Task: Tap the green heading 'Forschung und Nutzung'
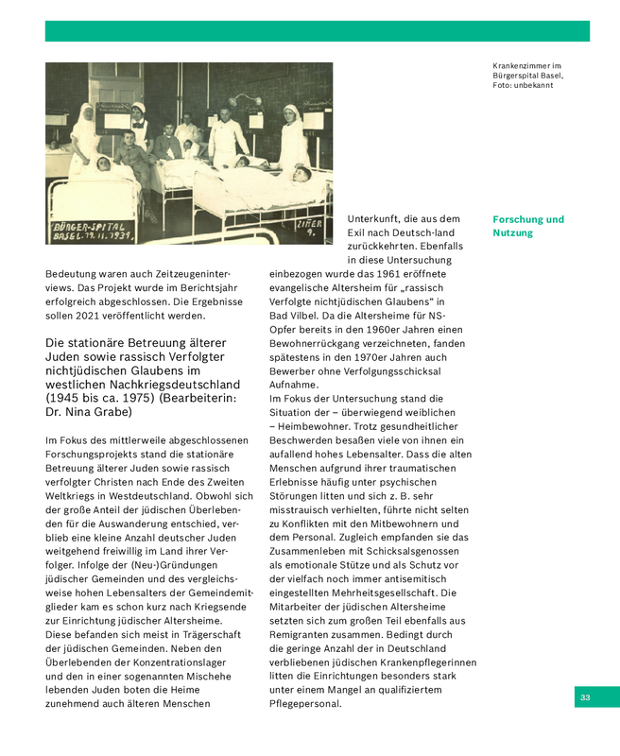(527, 226)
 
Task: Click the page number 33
(585, 697)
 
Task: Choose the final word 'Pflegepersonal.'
(305, 703)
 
